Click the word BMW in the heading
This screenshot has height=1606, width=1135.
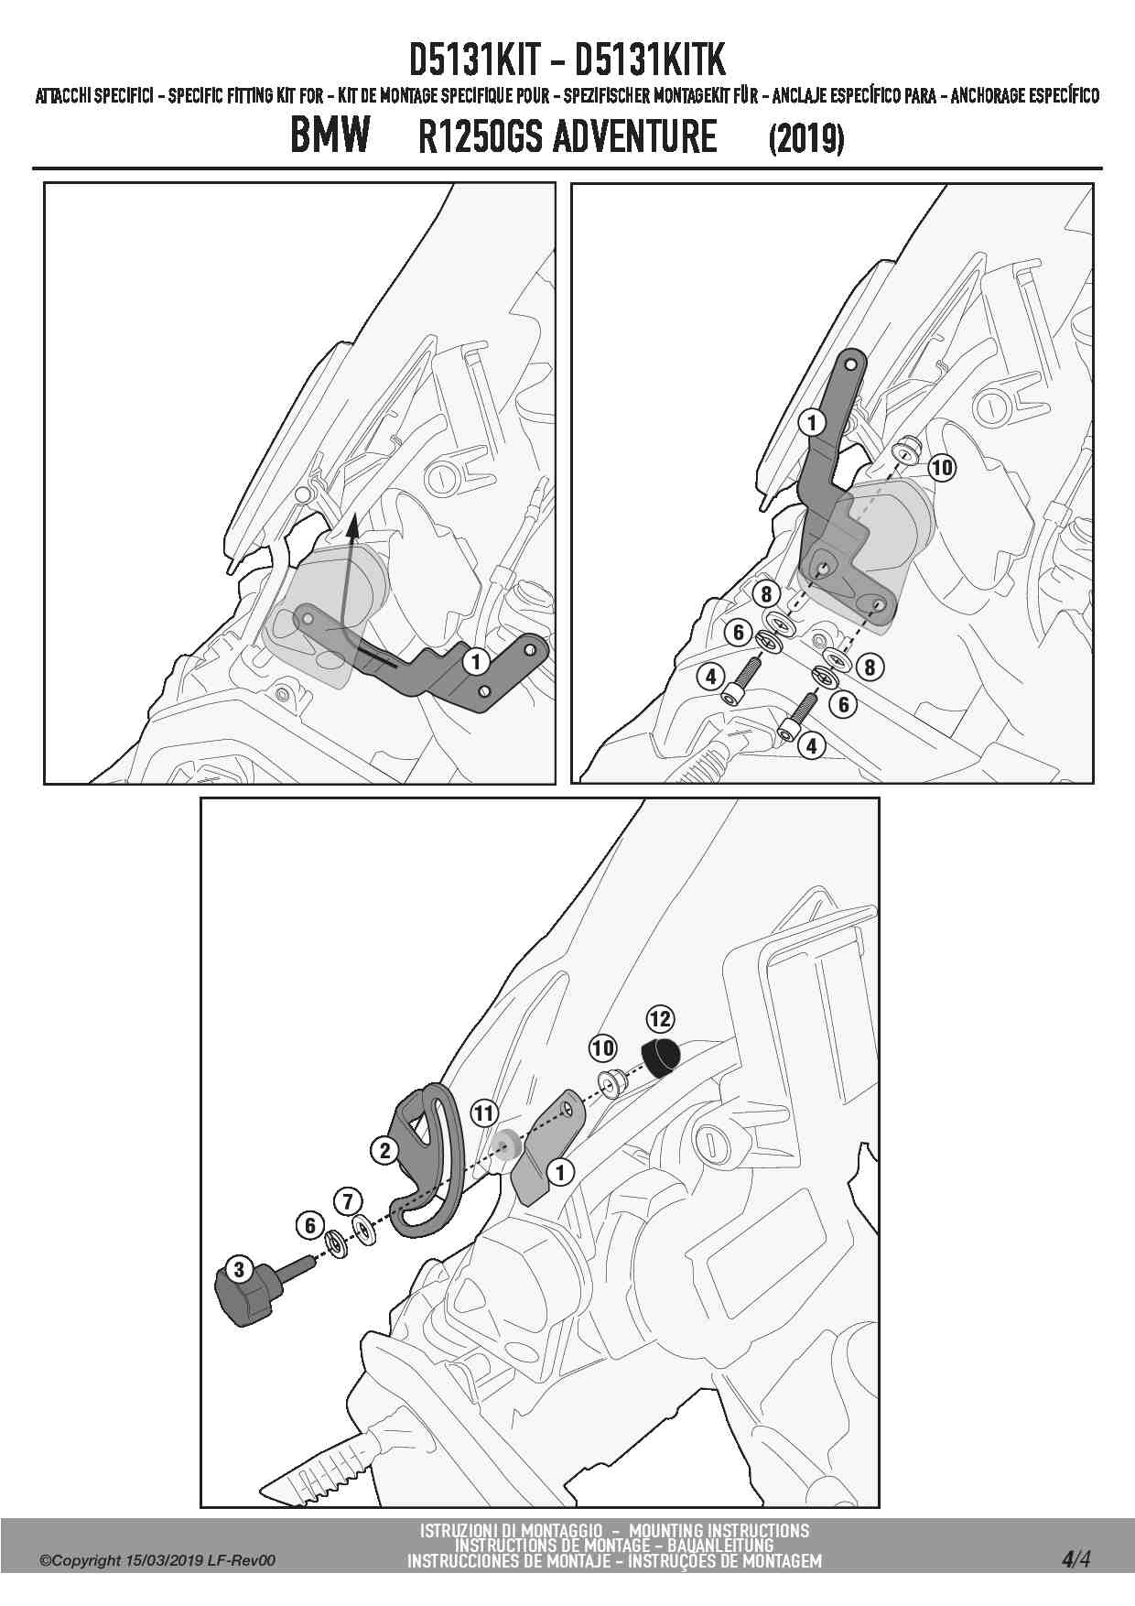point(330,136)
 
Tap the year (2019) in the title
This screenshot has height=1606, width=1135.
point(805,139)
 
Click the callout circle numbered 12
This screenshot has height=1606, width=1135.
point(660,1018)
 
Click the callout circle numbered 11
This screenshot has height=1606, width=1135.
point(484,1113)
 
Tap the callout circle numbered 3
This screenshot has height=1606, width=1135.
point(239,1269)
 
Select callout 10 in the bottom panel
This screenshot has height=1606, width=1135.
point(602,1048)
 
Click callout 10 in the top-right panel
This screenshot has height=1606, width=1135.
point(941,468)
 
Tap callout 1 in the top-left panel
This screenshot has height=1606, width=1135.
point(475,661)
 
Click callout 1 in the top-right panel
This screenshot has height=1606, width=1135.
point(811,422)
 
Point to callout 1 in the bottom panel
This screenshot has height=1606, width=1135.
point(559,1171)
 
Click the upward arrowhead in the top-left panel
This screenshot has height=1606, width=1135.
point(352,526)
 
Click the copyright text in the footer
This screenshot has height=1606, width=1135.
point(157,1561)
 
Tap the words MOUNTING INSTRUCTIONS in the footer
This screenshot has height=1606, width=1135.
point(719,1530)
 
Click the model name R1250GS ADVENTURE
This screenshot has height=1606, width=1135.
point(567,137)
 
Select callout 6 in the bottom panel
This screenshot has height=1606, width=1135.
point(310,1225)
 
